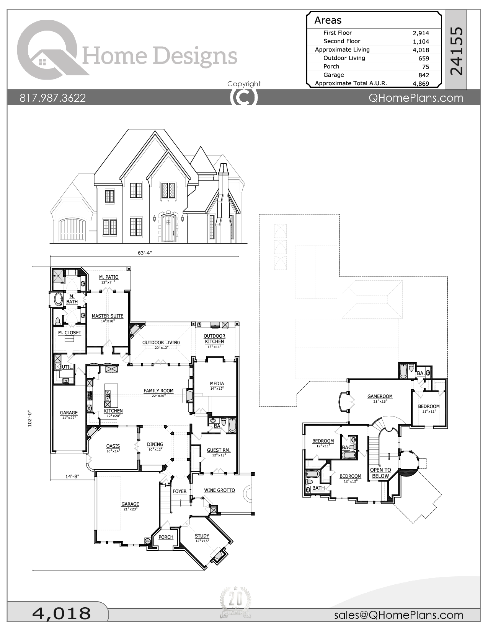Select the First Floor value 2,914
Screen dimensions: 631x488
pyautogui.click(x=421, y=33)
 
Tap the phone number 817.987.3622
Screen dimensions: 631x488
pyautogui.click(x=53, y=98)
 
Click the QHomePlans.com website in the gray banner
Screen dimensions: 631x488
pyautogui.click(x=416, y=98)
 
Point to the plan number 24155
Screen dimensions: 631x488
pyautogui.click(x=456, y=50)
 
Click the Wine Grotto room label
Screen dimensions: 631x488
pyautogui.click(x=219, y=490)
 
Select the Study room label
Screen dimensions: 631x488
pyautogui.click(x=202, y=536)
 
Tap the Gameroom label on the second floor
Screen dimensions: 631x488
pyautogui.click(x=380, y=397)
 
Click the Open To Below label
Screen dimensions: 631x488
pyautogui.click(x=380, y=473)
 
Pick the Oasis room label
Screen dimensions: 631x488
pyautogui.click(x=113, y=446)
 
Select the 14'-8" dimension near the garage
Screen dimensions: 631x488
pyautogui.click(x=72, y=477)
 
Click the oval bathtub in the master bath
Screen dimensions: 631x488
pyautogui.click(x=58, y=299)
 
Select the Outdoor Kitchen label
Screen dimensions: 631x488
pyautogui.click(x=214, y=339)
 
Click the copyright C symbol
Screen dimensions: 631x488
pyautogui.click(x=244, y=98)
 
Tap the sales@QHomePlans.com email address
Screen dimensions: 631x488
pyautogui.click(x=398, y=615)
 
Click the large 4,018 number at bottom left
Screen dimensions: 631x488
pyautogui.click(x=61, y=613)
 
